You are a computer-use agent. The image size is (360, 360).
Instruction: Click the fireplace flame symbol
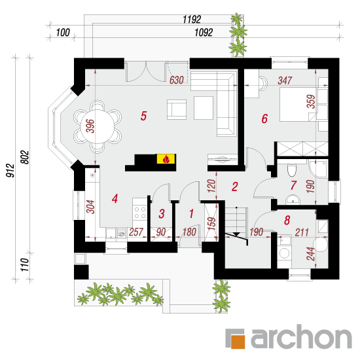pyautogui.click(x=166, y=159)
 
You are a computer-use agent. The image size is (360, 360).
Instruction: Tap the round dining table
pyautogui.click(x=98, y=126)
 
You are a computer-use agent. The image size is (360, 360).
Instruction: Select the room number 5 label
pyautogui.click(x=143, y=116)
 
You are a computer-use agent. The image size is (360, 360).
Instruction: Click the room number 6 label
pyautogui.click(x=264, y=118)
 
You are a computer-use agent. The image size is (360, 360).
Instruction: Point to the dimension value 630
pyautogui.click(x=177, y=80)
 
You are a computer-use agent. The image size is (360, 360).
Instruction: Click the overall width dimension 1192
pyautogui.click(x=192, y=19)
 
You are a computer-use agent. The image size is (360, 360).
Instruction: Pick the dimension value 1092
pyautogui.click(x=204, y=32)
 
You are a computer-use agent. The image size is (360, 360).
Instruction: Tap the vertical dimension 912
pyautogui.click(x=10, y=170)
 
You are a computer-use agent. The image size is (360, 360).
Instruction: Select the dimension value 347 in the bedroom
pyautogui.click(x=285, y=81)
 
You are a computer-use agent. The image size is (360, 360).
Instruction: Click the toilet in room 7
pyautogui.click(x=292, y=170)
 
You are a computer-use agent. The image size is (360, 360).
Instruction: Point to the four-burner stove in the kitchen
pyautogui.click(x=140, y=213)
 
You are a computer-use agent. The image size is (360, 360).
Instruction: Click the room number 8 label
pyautogui.click(x=287, y=220)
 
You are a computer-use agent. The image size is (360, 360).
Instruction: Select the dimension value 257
pyautogui.click(x=136, y=232)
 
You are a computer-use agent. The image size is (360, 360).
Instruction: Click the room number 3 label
pyautogui.click(x=162, y=213)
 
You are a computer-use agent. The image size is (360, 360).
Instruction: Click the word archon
pyautogui.click(x=301, y=337)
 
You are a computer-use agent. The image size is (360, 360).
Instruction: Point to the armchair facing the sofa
pyautogui.click(x=177, y=109)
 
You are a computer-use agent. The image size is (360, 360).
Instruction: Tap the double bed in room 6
pyautogui.click(x=298, y=104)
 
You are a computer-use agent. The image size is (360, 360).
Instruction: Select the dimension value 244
pyautogui.click(x=311, y=254)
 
